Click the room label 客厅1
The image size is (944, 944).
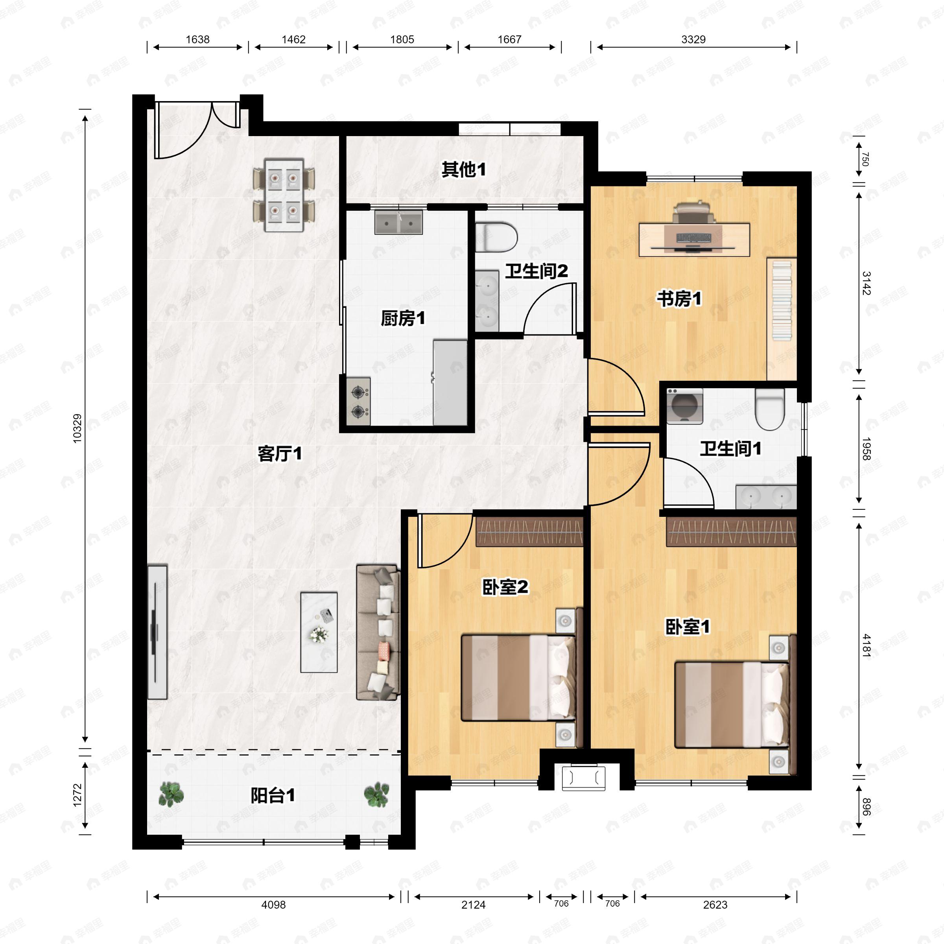point(280,454)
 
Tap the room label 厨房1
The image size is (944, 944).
point(403,319)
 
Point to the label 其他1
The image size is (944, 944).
point(463,170)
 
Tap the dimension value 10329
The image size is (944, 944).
point(77,428)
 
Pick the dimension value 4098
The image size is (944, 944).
point(273,904)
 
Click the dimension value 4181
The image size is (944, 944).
point(866,645)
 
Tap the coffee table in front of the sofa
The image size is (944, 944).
point(319,632)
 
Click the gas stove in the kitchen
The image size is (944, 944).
point(358,401)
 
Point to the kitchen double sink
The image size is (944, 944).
point(398,222)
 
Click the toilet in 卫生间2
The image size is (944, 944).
point(496,238)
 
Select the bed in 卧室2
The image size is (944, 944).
point(518,677)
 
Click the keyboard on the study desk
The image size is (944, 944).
point(694,238)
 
